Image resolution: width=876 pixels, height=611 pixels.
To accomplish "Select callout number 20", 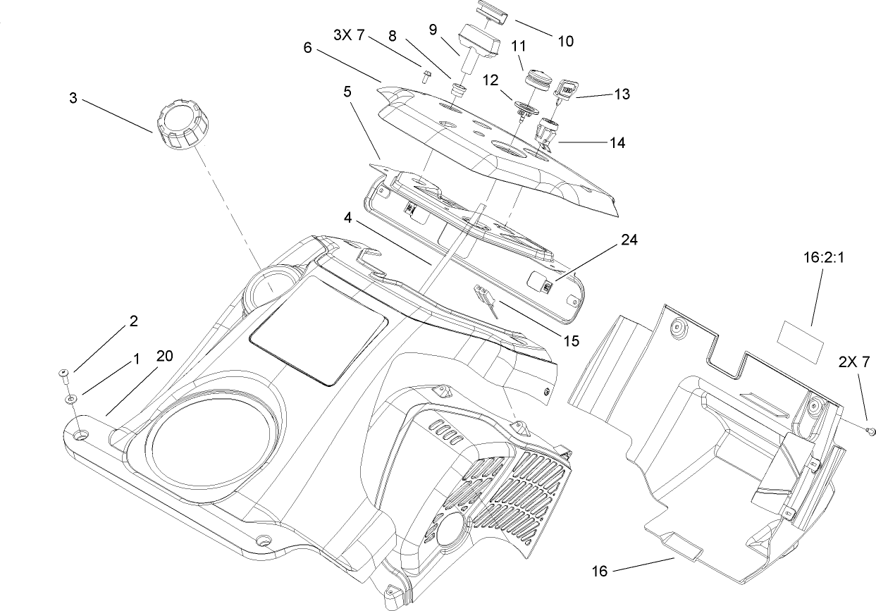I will pyautogui.click(x=164, y=357).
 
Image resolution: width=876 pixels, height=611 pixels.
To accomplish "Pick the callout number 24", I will pyautogui.click(x=629, y=240).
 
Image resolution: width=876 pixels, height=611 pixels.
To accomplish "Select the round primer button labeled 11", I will pyautogui.click(x=538, y=77).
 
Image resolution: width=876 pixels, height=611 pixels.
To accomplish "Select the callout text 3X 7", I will pyautogui.click(x=349, y=35).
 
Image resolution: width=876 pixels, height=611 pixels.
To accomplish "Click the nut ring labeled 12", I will pyautogui.click(x=526, y=109).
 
